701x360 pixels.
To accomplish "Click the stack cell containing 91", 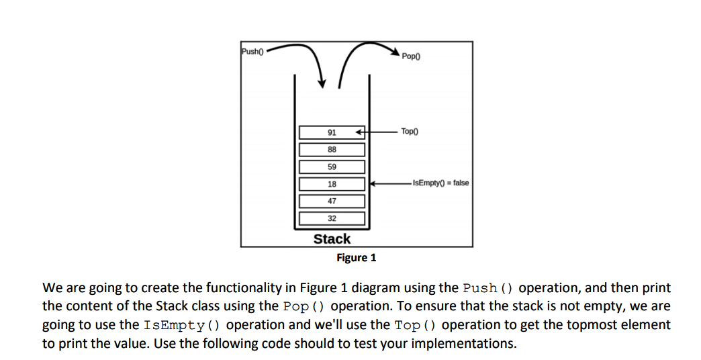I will point(332,132).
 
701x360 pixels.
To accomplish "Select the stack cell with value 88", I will point(332,149).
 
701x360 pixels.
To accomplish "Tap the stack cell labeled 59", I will point(332,167).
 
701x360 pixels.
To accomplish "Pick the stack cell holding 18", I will point(332,184).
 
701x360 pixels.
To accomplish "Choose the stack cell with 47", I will point(332,201).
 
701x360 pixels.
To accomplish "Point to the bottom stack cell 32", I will point(332,218).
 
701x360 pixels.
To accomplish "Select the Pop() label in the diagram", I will point(410,56).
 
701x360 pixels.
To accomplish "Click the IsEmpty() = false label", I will point(440,183).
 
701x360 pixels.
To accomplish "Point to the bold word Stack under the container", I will point(332,238).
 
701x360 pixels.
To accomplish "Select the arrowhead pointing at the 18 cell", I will point(371,183).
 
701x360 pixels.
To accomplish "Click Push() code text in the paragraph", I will point(488,288).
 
